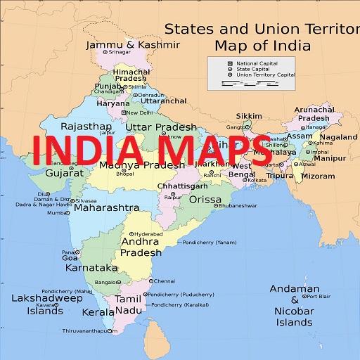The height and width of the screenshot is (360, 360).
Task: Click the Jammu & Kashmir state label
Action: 132,44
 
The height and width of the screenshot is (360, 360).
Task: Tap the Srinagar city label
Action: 120,52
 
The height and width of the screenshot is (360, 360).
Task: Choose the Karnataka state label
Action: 91,268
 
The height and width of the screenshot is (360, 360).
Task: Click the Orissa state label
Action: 205,199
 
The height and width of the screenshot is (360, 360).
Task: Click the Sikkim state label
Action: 248,115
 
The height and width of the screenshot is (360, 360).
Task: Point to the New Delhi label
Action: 139,112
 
